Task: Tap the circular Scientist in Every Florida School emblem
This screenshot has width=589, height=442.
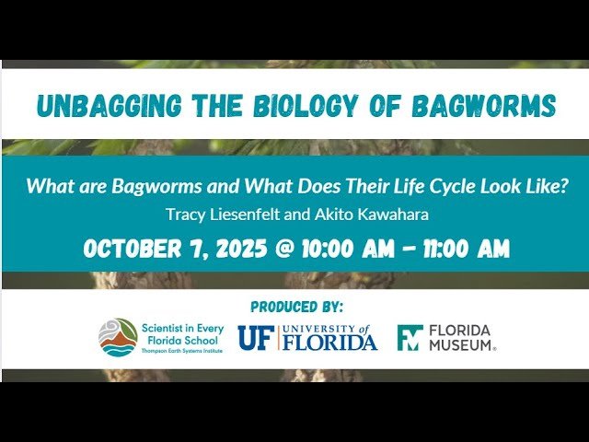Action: (x=117, y=337)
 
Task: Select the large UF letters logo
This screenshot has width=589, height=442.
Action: (x=255, y=338)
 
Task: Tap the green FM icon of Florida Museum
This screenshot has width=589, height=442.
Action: (x=410, y=338)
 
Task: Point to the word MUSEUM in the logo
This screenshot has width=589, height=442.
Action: (x=462, y=345)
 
